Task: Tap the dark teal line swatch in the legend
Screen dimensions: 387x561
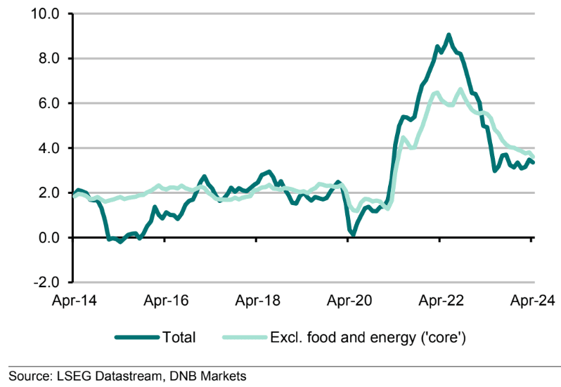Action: tap(138, 338)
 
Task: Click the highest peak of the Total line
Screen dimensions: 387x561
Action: tap(449, 34)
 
